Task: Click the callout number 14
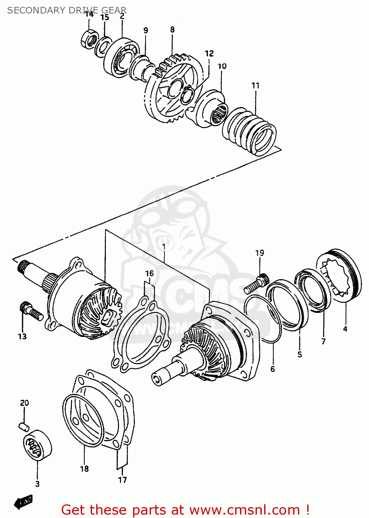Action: pos(89,14)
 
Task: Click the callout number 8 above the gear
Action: pos(172,30)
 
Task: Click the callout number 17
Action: pos(122,480)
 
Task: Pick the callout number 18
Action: pos(84,469)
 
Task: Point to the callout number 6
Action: pos(273,369)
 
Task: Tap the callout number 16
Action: pos(149,274)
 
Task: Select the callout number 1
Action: pos(164,247)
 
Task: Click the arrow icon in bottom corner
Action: pos(23,502)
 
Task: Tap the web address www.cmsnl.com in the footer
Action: pos(245,510)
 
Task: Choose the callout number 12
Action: pos(209,54)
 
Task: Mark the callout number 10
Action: pos(222,66)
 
